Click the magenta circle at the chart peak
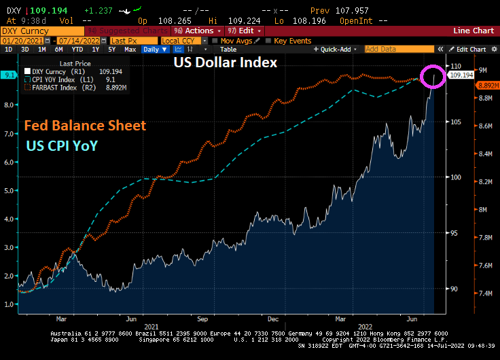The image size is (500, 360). (433, 75)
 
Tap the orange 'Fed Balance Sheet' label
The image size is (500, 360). (86, 126)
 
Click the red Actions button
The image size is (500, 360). (198, 31)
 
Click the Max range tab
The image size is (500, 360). (130, 50)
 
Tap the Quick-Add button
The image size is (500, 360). (336, 50)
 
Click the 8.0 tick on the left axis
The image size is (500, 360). (9, 105)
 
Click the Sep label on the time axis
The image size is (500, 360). (202, 318)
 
